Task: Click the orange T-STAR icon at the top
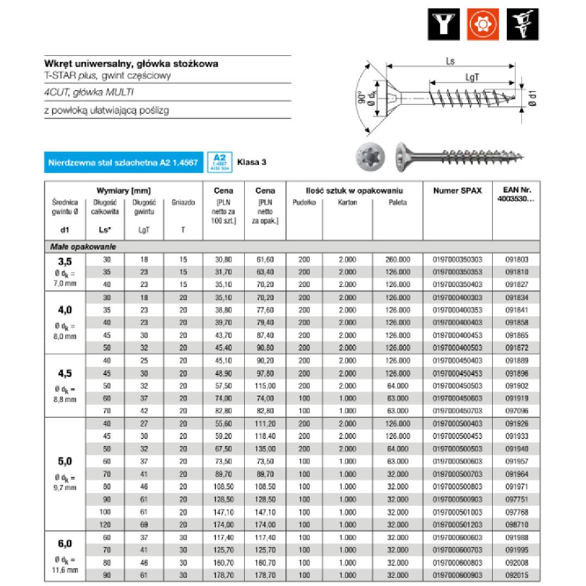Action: [x=483, y=24]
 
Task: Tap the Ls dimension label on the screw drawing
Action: [x=450, y=61]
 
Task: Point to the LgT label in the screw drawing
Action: [x=472, y=78]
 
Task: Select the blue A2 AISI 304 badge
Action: [x=220, y=162]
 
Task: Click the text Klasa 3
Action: [x=252, y=162]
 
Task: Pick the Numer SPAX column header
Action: [x=457, y=190]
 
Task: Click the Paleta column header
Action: [x=397, y=202]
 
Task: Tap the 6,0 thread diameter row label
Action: [x=65, y=543]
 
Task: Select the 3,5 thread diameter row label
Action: [x=65, y=262]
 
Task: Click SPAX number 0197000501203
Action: [x=457, y=525]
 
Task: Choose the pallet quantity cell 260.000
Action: [x=397, y=259]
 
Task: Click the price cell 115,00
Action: [x=265, y=386]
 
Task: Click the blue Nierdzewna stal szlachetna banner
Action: [x=123, y=162]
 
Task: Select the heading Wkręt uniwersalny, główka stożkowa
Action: [x=131, y=63]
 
